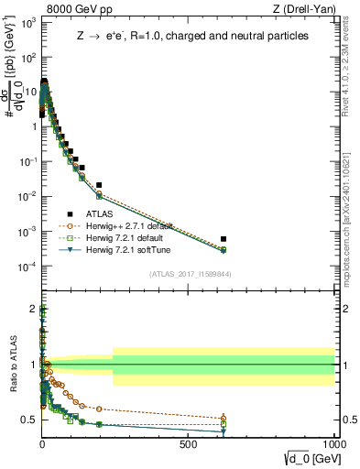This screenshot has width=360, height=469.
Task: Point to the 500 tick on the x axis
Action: click(x=188, y=443)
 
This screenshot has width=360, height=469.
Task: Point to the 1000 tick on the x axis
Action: click(x=334, y=443)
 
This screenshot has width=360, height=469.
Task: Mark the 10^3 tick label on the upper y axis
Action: click(x=27, y=22)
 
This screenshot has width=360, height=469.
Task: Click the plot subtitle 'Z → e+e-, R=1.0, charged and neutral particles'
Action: click(x=191, y=37)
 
